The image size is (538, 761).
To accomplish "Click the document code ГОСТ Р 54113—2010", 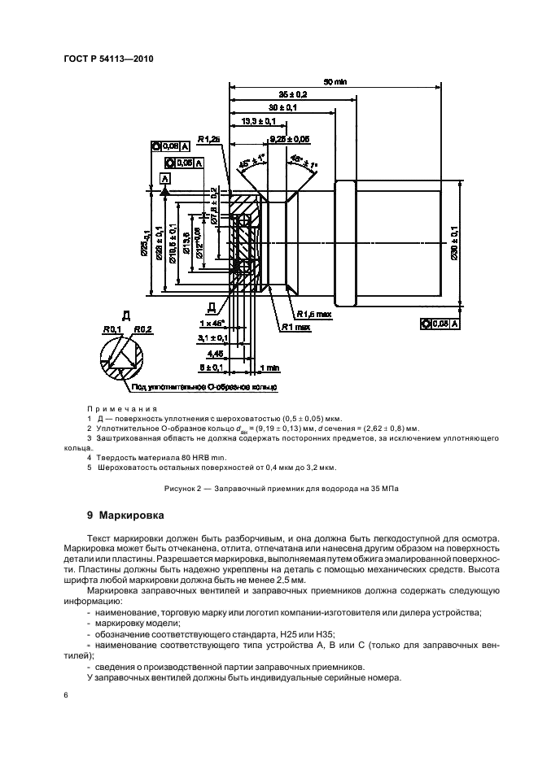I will pyautogui.click(x=107, y=59).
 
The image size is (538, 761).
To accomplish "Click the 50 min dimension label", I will pyautogui.click(x=335, y=81).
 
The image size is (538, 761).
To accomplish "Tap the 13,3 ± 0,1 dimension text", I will pyautogui.click(x=259, y=121).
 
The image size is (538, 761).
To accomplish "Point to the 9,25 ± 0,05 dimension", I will pyautogui.click(x=289, y=138).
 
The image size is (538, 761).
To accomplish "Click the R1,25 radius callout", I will pyautogui.click(x=208, y=140).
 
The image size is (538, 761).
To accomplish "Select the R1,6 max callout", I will pyautogui.click(x=312, y=314).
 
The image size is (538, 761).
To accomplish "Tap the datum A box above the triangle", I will pyautogui.click(x=165, y=177).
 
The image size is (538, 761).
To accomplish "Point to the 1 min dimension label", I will pyautogui.click(x=268, y=367).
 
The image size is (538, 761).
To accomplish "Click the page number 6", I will pyautogui.click(x=65, y=696).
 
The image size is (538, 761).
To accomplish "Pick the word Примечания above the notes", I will pyautogui.click(x=121, y=409).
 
